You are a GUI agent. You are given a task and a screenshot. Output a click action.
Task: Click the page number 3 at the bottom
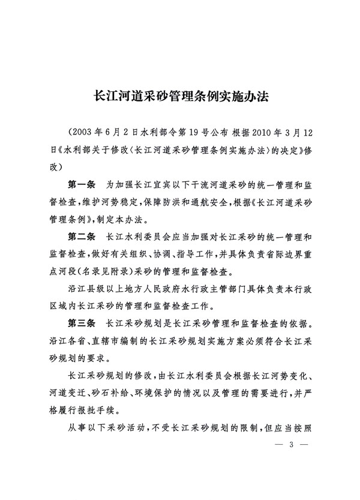click(x=291, y=445)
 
